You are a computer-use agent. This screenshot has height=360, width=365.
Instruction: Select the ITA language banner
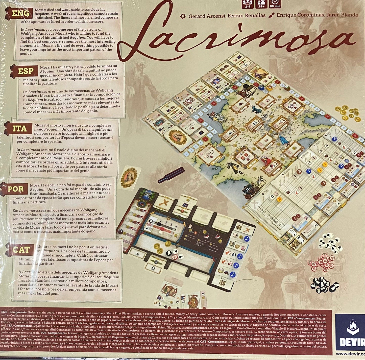click(x=20, y=129)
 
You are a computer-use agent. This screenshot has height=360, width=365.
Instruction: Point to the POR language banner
click(x=16, y=189)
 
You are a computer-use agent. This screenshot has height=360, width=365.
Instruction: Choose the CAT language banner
click(x=21, y=250)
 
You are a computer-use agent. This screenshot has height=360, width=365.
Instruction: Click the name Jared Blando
click(x=342, y=15)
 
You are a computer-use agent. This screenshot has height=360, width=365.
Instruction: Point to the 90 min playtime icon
click(x=275, y=4)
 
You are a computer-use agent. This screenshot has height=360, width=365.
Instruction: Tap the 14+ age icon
click(x=261, y=4)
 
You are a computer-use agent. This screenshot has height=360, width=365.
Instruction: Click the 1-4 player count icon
click(x=248, y=4)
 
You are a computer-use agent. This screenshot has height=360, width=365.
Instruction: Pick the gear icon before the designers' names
click(x=183, y=16)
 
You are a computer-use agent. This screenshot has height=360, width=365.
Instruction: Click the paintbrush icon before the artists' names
click(x=272, y=15)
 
